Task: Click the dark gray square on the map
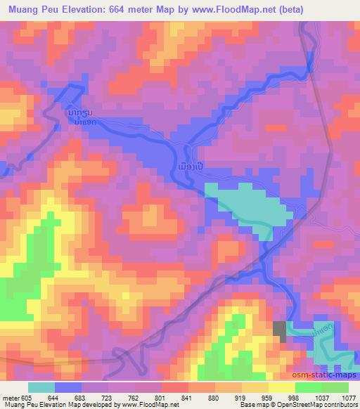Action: coord(280,330)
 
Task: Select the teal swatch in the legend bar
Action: coord(41,387)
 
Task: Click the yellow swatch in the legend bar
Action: coord(281,387)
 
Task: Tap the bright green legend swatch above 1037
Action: coord(308,387)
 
